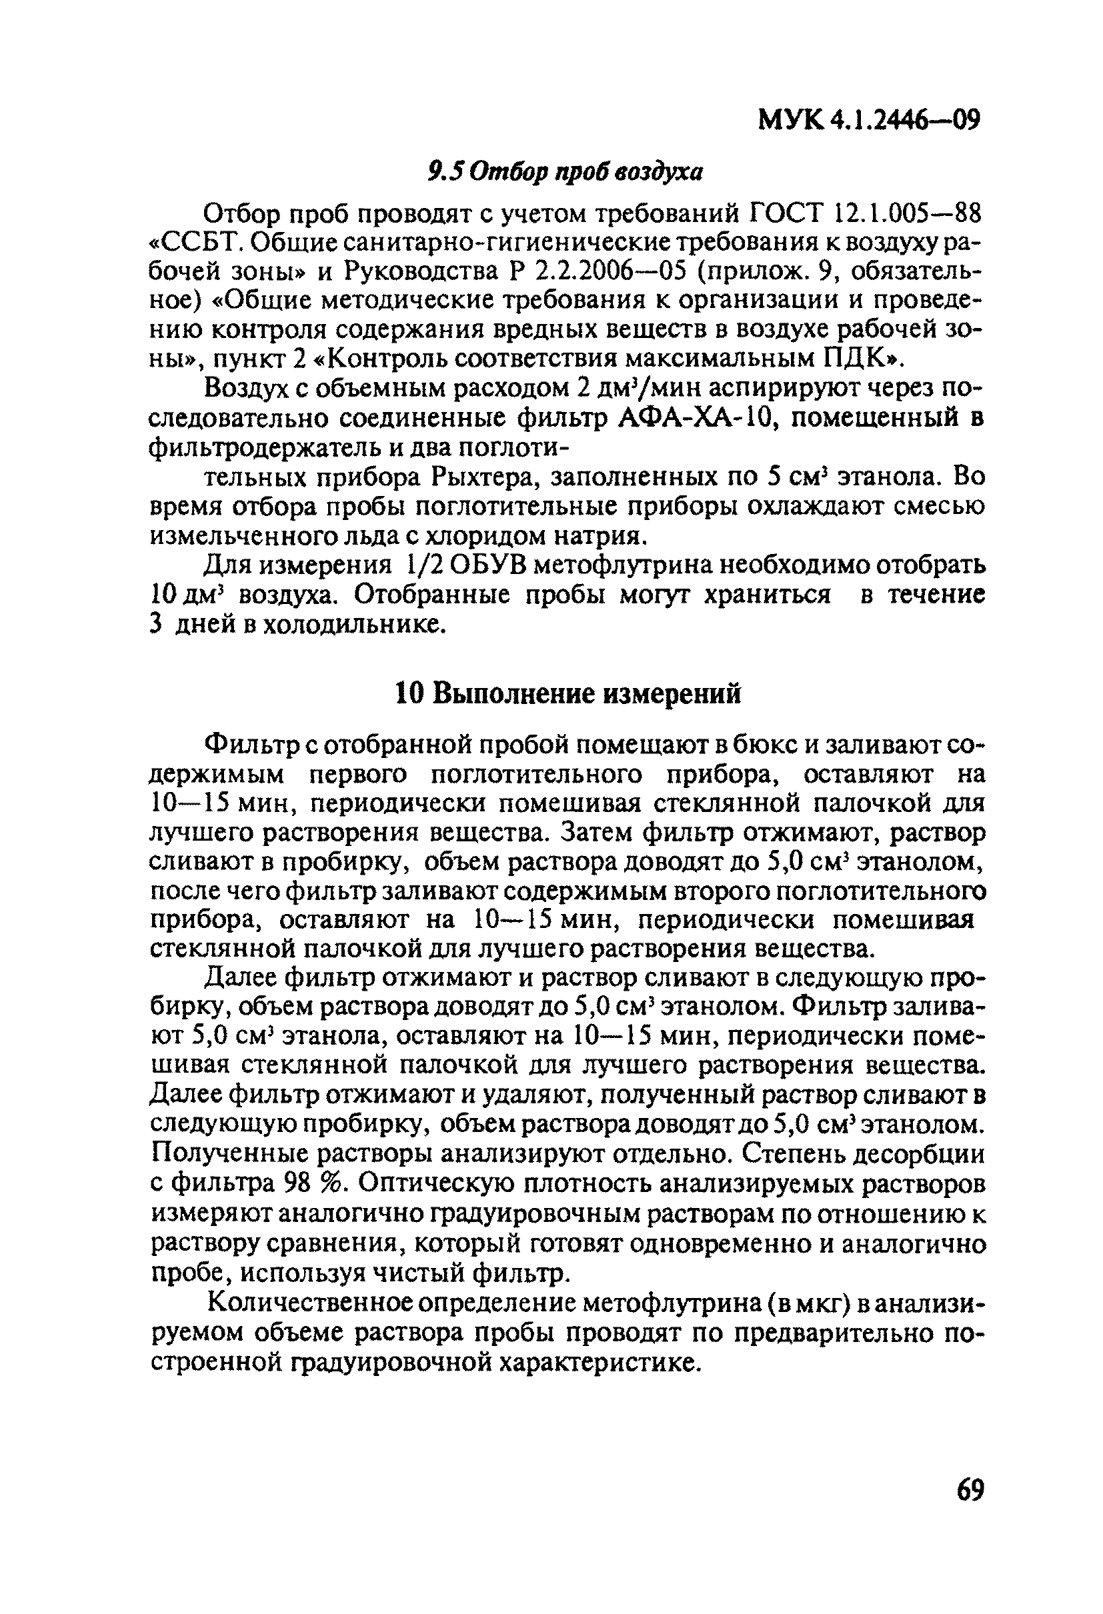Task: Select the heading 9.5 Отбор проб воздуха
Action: pos(564,171)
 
